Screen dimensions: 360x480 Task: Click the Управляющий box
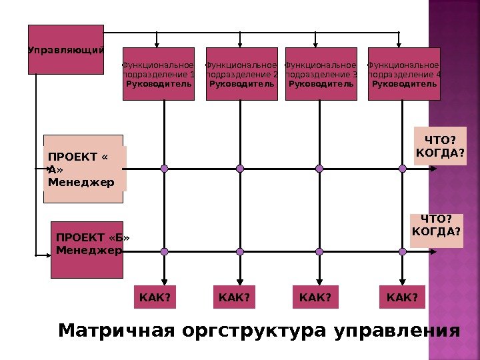(x=65, y=49)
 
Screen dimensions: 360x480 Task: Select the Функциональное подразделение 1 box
(x=159, y=74)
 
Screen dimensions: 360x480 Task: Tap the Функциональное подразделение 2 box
(x=242, y=74)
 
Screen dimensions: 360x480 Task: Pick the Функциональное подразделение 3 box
(x=321, y=74)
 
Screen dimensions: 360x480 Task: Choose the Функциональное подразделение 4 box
(x=404, y=74)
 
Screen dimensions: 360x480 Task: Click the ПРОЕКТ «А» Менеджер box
(x=84, y=169)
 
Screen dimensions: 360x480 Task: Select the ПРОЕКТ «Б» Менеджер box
(x=87, y=249)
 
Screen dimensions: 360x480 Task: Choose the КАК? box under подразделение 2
(x=234, y=297)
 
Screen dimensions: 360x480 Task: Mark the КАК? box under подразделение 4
(x=402, y=297)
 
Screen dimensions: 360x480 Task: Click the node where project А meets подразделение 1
(x=165, y=169)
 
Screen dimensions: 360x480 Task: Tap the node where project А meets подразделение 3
(x=319, y=169)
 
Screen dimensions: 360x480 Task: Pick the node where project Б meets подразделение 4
(x=402, y=251)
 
